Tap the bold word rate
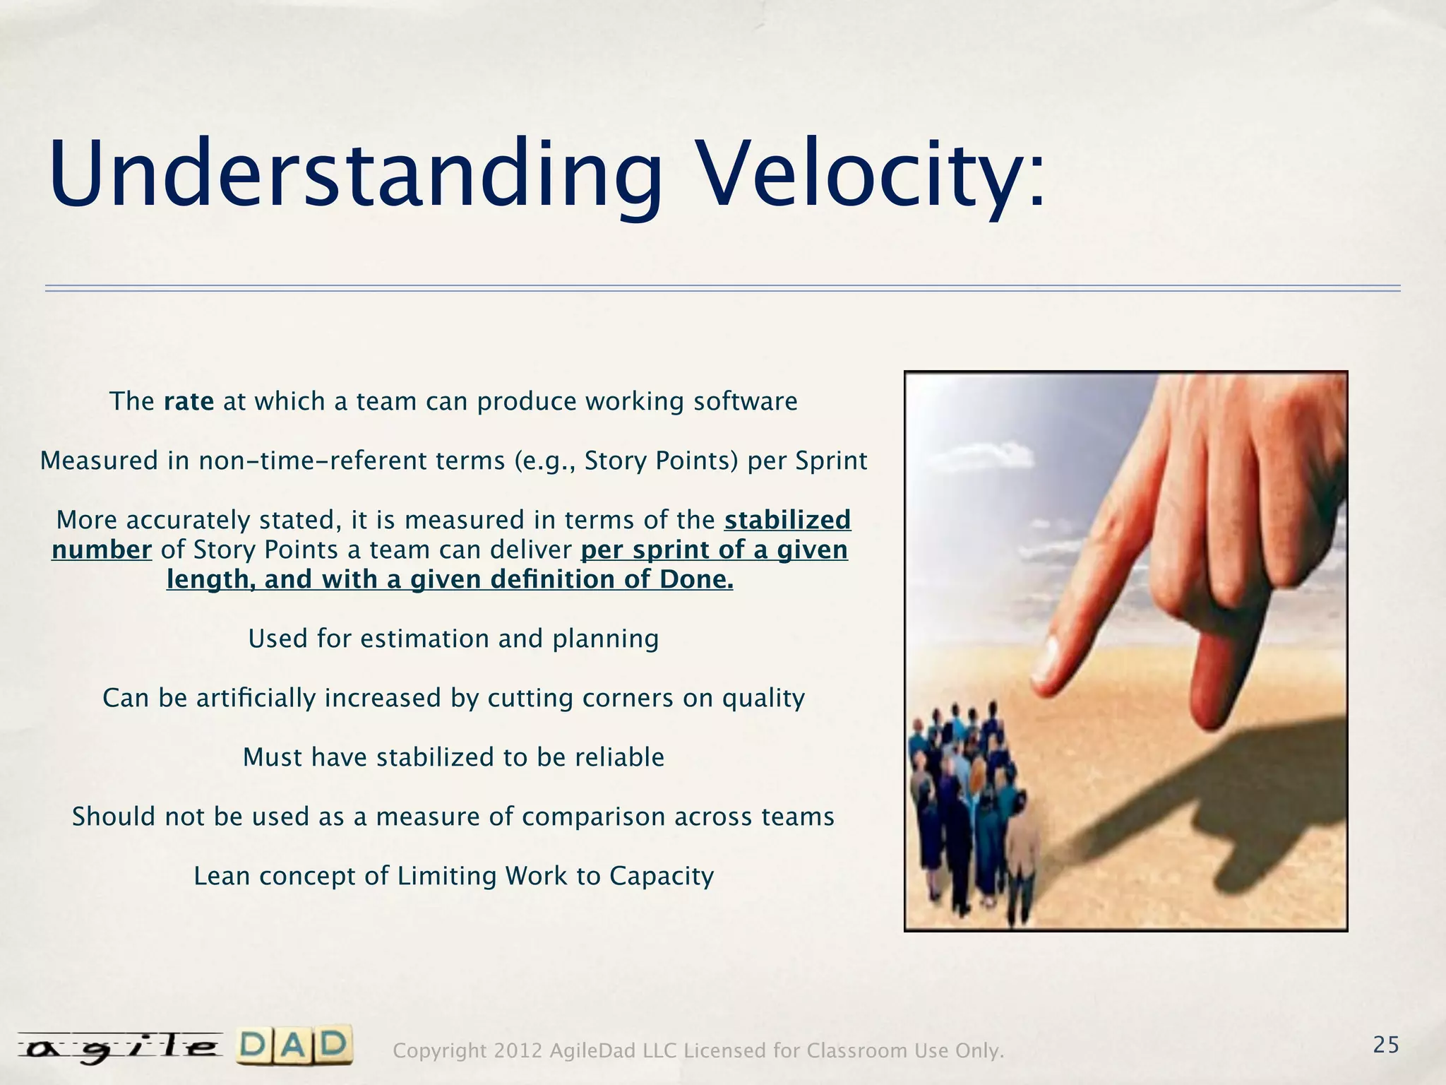189,402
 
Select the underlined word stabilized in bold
787,520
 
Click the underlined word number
102,550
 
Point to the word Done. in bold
696,579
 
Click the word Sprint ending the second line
831,461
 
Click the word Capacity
662,876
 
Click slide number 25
1386,1045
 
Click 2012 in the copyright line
518,1052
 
